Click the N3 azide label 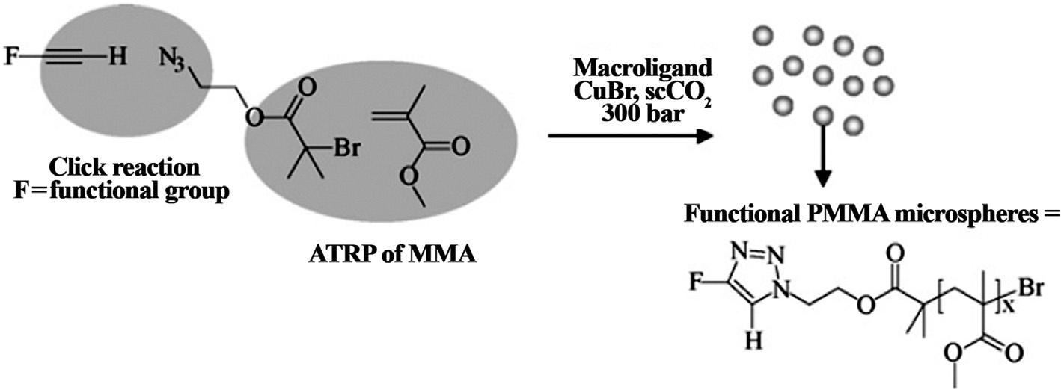[x=171, y=59]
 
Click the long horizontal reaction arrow [x=629, y=135]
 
